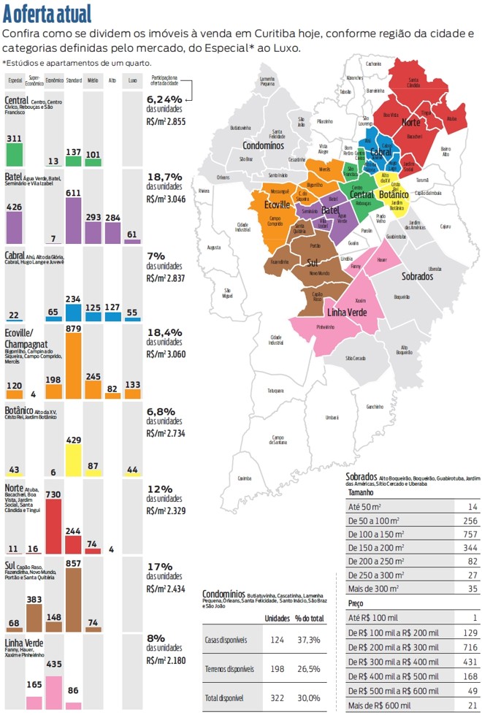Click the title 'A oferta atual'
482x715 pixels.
pyautogui.click(x=47, y=13)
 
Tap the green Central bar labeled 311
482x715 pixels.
pyautogui.click(x=14, y=154)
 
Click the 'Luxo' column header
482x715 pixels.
pyautogui.click(x=132, y=80)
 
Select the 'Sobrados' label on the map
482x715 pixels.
pyautogui.click(x=417, y=276)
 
